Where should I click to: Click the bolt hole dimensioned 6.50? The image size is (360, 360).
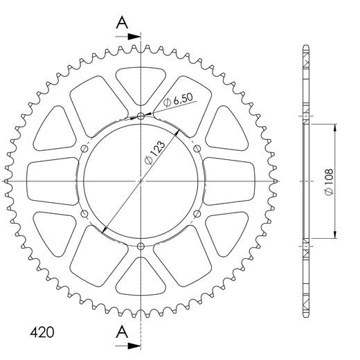pos(141,115)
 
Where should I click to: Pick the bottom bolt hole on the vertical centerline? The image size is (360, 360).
pos(141,246)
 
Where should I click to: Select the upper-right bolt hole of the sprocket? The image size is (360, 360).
pos(198,148)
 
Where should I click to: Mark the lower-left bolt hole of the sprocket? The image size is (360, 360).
pos(84,213)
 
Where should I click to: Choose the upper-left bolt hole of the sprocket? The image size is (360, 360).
pos(84,148)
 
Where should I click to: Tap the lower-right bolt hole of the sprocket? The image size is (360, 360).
pos(198,213)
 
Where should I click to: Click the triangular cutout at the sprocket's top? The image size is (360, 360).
pos(141,84)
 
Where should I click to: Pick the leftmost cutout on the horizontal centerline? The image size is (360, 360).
pos(52,181)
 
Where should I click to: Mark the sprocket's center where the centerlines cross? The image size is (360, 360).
pos(141,181)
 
